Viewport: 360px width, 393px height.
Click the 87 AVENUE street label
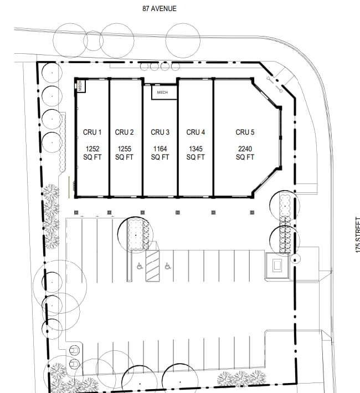[160, 8]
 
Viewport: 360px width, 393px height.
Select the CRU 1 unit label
[92, 132]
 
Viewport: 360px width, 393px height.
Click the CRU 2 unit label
[124, 132]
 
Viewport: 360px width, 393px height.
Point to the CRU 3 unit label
[160, 132]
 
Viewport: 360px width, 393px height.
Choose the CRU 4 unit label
[196, 132]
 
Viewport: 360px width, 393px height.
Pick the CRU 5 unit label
[245, 132]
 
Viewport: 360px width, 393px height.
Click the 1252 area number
[92, 149]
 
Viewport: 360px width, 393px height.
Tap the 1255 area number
[124, 149]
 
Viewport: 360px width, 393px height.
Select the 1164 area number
[160, 149]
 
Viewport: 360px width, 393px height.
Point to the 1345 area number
[196, 149]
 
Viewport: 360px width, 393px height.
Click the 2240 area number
[245, 149]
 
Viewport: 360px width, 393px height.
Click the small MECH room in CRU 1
[80, 86]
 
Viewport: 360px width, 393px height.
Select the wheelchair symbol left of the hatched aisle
[138, 266]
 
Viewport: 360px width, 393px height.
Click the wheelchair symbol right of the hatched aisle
[167, 266]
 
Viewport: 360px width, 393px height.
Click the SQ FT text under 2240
[245, 157]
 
